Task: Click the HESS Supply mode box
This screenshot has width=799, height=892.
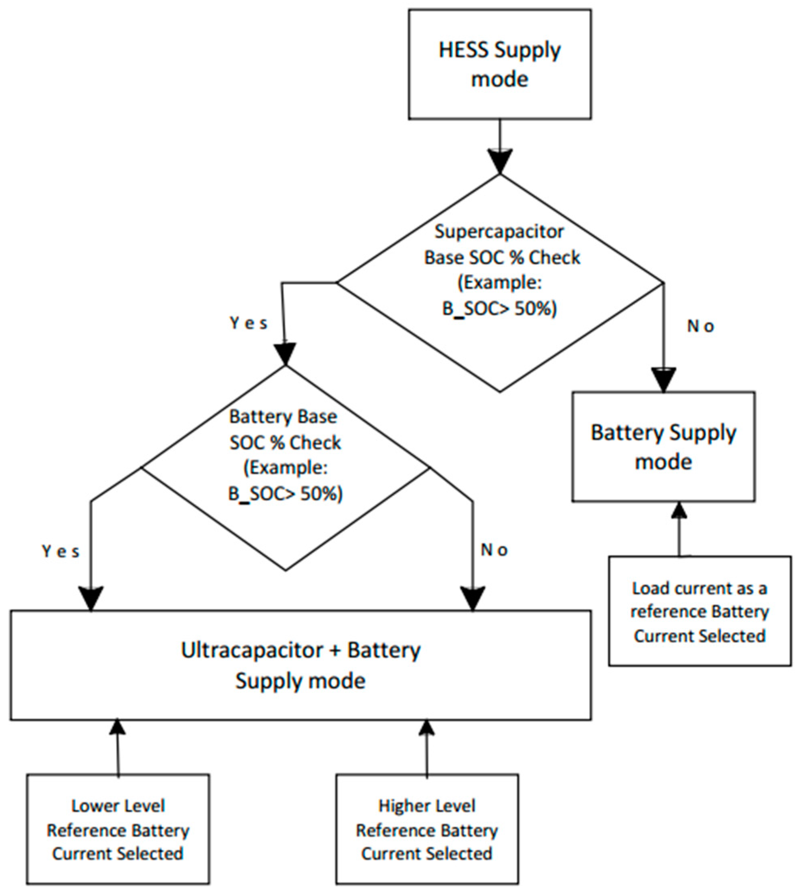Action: (500, 64)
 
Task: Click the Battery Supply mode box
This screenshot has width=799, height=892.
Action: (663, 447)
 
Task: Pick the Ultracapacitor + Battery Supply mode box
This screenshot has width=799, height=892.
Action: (301, 664)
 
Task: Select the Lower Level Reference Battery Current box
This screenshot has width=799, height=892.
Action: (118, 830)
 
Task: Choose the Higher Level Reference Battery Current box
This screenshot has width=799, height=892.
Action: (427, 830)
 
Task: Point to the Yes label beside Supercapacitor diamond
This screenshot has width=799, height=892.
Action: (248, 324)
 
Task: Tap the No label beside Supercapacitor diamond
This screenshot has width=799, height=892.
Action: (701, 327)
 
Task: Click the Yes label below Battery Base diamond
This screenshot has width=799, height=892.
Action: (61, 552)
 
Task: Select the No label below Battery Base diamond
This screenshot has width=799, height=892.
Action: (494, 550)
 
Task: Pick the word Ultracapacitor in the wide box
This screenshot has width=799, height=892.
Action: (251, 650)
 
